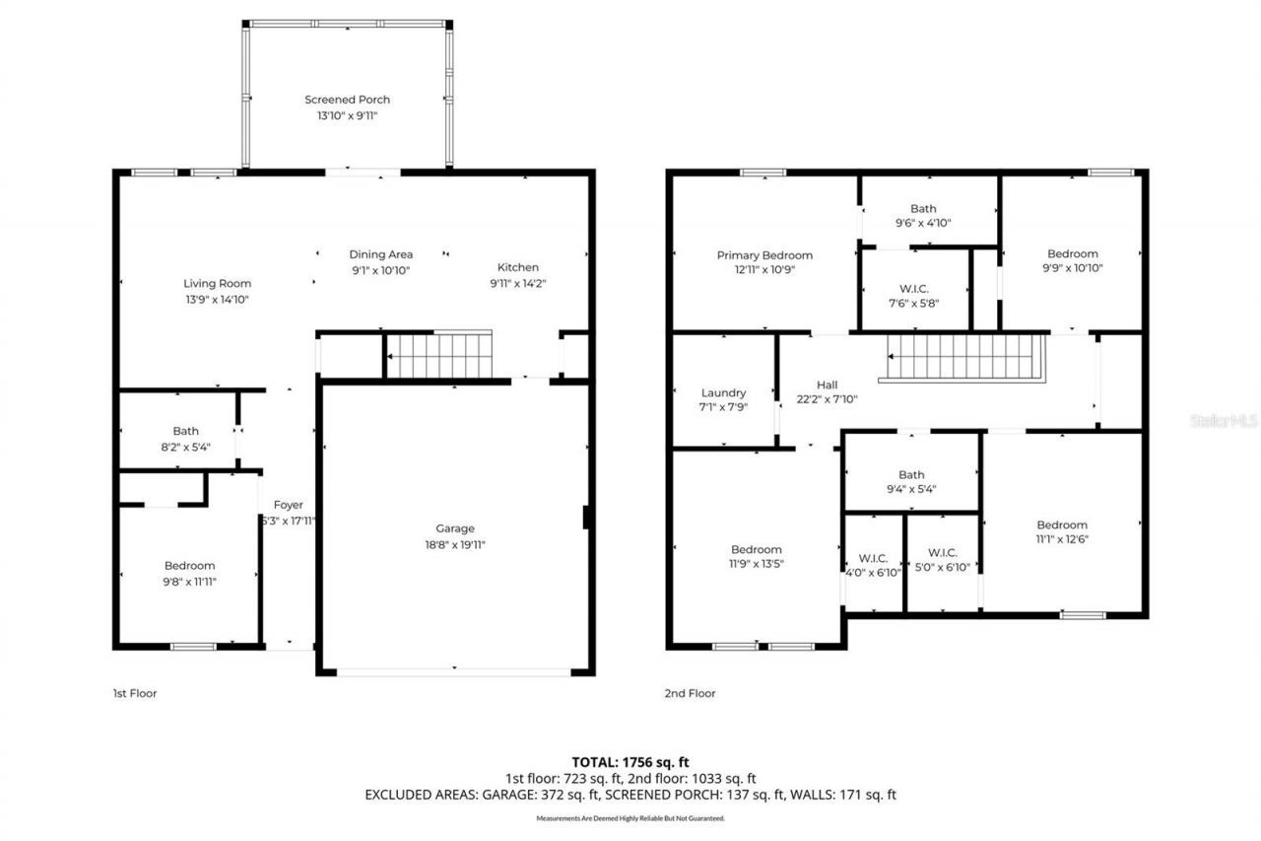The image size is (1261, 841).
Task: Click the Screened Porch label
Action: pyautogui.click(x=347, y=100)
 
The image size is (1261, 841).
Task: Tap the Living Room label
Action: pyautogui.click(x=218, y=284)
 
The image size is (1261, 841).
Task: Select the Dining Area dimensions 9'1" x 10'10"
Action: pyautogui.click(x=380, y=270)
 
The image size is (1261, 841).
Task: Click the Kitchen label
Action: pyautogui.click(x=517, y=267)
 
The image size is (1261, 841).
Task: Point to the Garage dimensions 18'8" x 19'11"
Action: pyautogui.click(x=455, y=544)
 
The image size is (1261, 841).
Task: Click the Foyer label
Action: pyautogui.click(x=288, y=505)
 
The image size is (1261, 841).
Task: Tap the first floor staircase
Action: pyautogui.click(x=438, y=355)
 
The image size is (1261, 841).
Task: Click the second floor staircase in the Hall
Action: pyautogui.click(x=965, y=356)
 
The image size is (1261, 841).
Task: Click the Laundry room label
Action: pyautogui.click(x=723, y=392)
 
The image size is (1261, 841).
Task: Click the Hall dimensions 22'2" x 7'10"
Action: pyautogui.click(x=827, y=399)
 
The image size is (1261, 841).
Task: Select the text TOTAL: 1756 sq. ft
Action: pyautogui.click(x=630, y=761)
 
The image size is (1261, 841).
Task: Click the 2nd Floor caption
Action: pyautogui.click(x=690, y=693)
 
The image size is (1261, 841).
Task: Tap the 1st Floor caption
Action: pyautogui.click(x=134, y=693)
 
